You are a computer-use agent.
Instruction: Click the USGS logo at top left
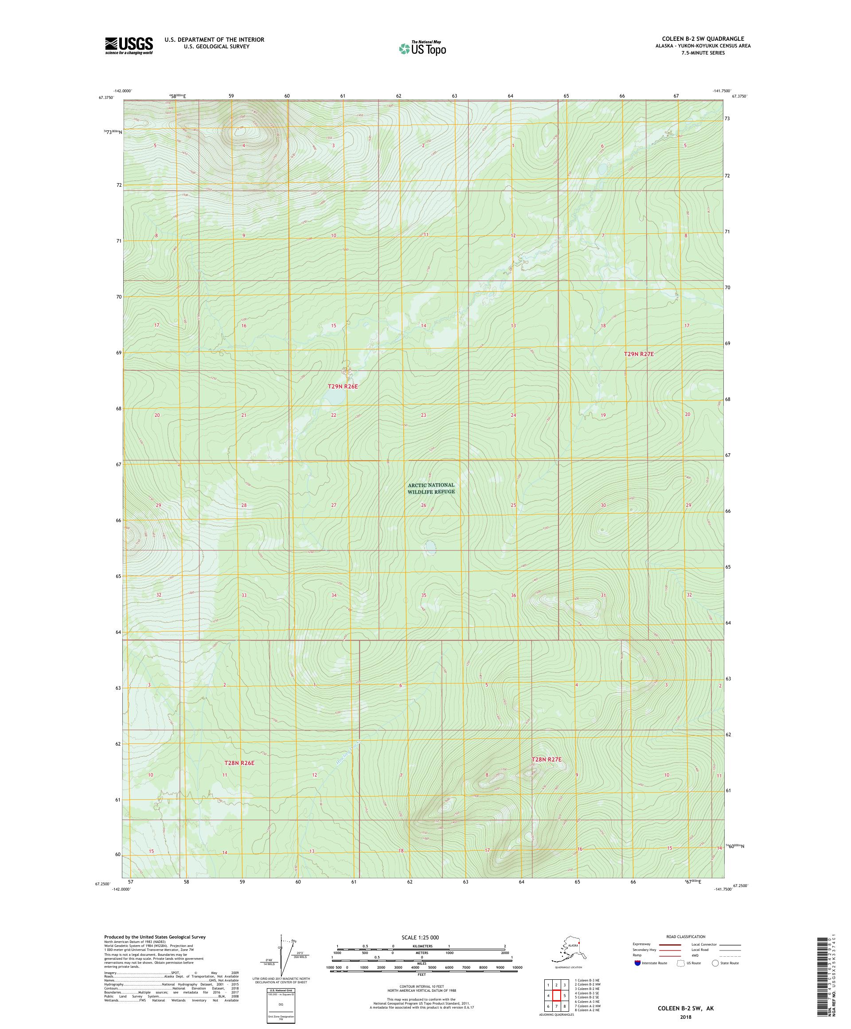(x=128, y=46)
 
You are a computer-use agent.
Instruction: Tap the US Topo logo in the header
(x=422, y=48)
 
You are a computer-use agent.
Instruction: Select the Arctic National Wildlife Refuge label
(x=431, y=488)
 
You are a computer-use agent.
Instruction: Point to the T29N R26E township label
(x=343, y=387)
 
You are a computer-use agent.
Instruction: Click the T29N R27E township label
(x=639, y=354)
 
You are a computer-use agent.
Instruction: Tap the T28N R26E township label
(x=239, y=763)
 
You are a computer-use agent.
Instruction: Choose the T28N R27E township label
(x=547, y=759)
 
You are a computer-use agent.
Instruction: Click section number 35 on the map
(x=424, y=595)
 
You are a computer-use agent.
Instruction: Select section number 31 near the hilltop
(x=603, y=595)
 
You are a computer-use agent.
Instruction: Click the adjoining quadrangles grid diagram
(x=556, y=996)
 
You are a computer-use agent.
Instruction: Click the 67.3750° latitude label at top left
(x=106, y=98)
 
